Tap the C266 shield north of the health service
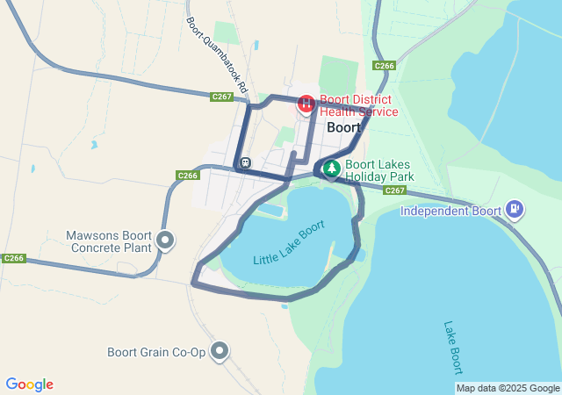384,66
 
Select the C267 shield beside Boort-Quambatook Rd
221,97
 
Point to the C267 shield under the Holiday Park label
394,190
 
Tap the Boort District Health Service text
358,105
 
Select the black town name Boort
343,127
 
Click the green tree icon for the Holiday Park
331,169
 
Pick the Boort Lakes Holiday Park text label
375,169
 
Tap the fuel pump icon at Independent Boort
515,210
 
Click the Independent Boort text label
450,211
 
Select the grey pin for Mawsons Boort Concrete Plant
164,240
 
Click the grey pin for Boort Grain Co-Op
220,352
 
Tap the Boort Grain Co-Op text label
156,352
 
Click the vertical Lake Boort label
452,347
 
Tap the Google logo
29,384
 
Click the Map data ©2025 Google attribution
508,388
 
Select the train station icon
244,162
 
